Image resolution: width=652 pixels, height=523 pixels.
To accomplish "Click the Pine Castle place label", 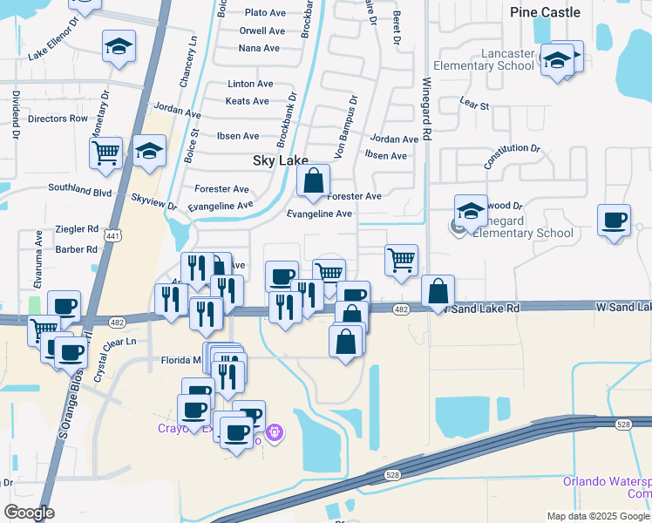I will point(545,12).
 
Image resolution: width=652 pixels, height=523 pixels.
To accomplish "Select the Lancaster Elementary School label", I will point(495,59).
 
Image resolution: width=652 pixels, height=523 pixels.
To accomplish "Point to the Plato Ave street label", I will point(265,13).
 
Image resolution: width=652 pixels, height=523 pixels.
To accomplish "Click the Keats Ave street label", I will point(248,101).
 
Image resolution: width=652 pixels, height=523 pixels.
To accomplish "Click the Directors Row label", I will point(58,119).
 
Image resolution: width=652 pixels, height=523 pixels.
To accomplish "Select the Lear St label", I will point(474,105).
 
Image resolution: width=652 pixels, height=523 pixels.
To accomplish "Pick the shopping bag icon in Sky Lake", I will point(313,181).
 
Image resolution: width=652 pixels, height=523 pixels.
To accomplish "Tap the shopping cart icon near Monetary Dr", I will point(105,153).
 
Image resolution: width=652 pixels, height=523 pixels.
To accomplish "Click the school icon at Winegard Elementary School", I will point(471,212).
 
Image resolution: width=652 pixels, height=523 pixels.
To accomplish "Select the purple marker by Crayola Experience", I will point(275,431).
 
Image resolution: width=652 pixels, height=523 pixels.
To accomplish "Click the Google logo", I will point(29,513).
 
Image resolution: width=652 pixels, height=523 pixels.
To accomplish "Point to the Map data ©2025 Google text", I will point(597,516).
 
